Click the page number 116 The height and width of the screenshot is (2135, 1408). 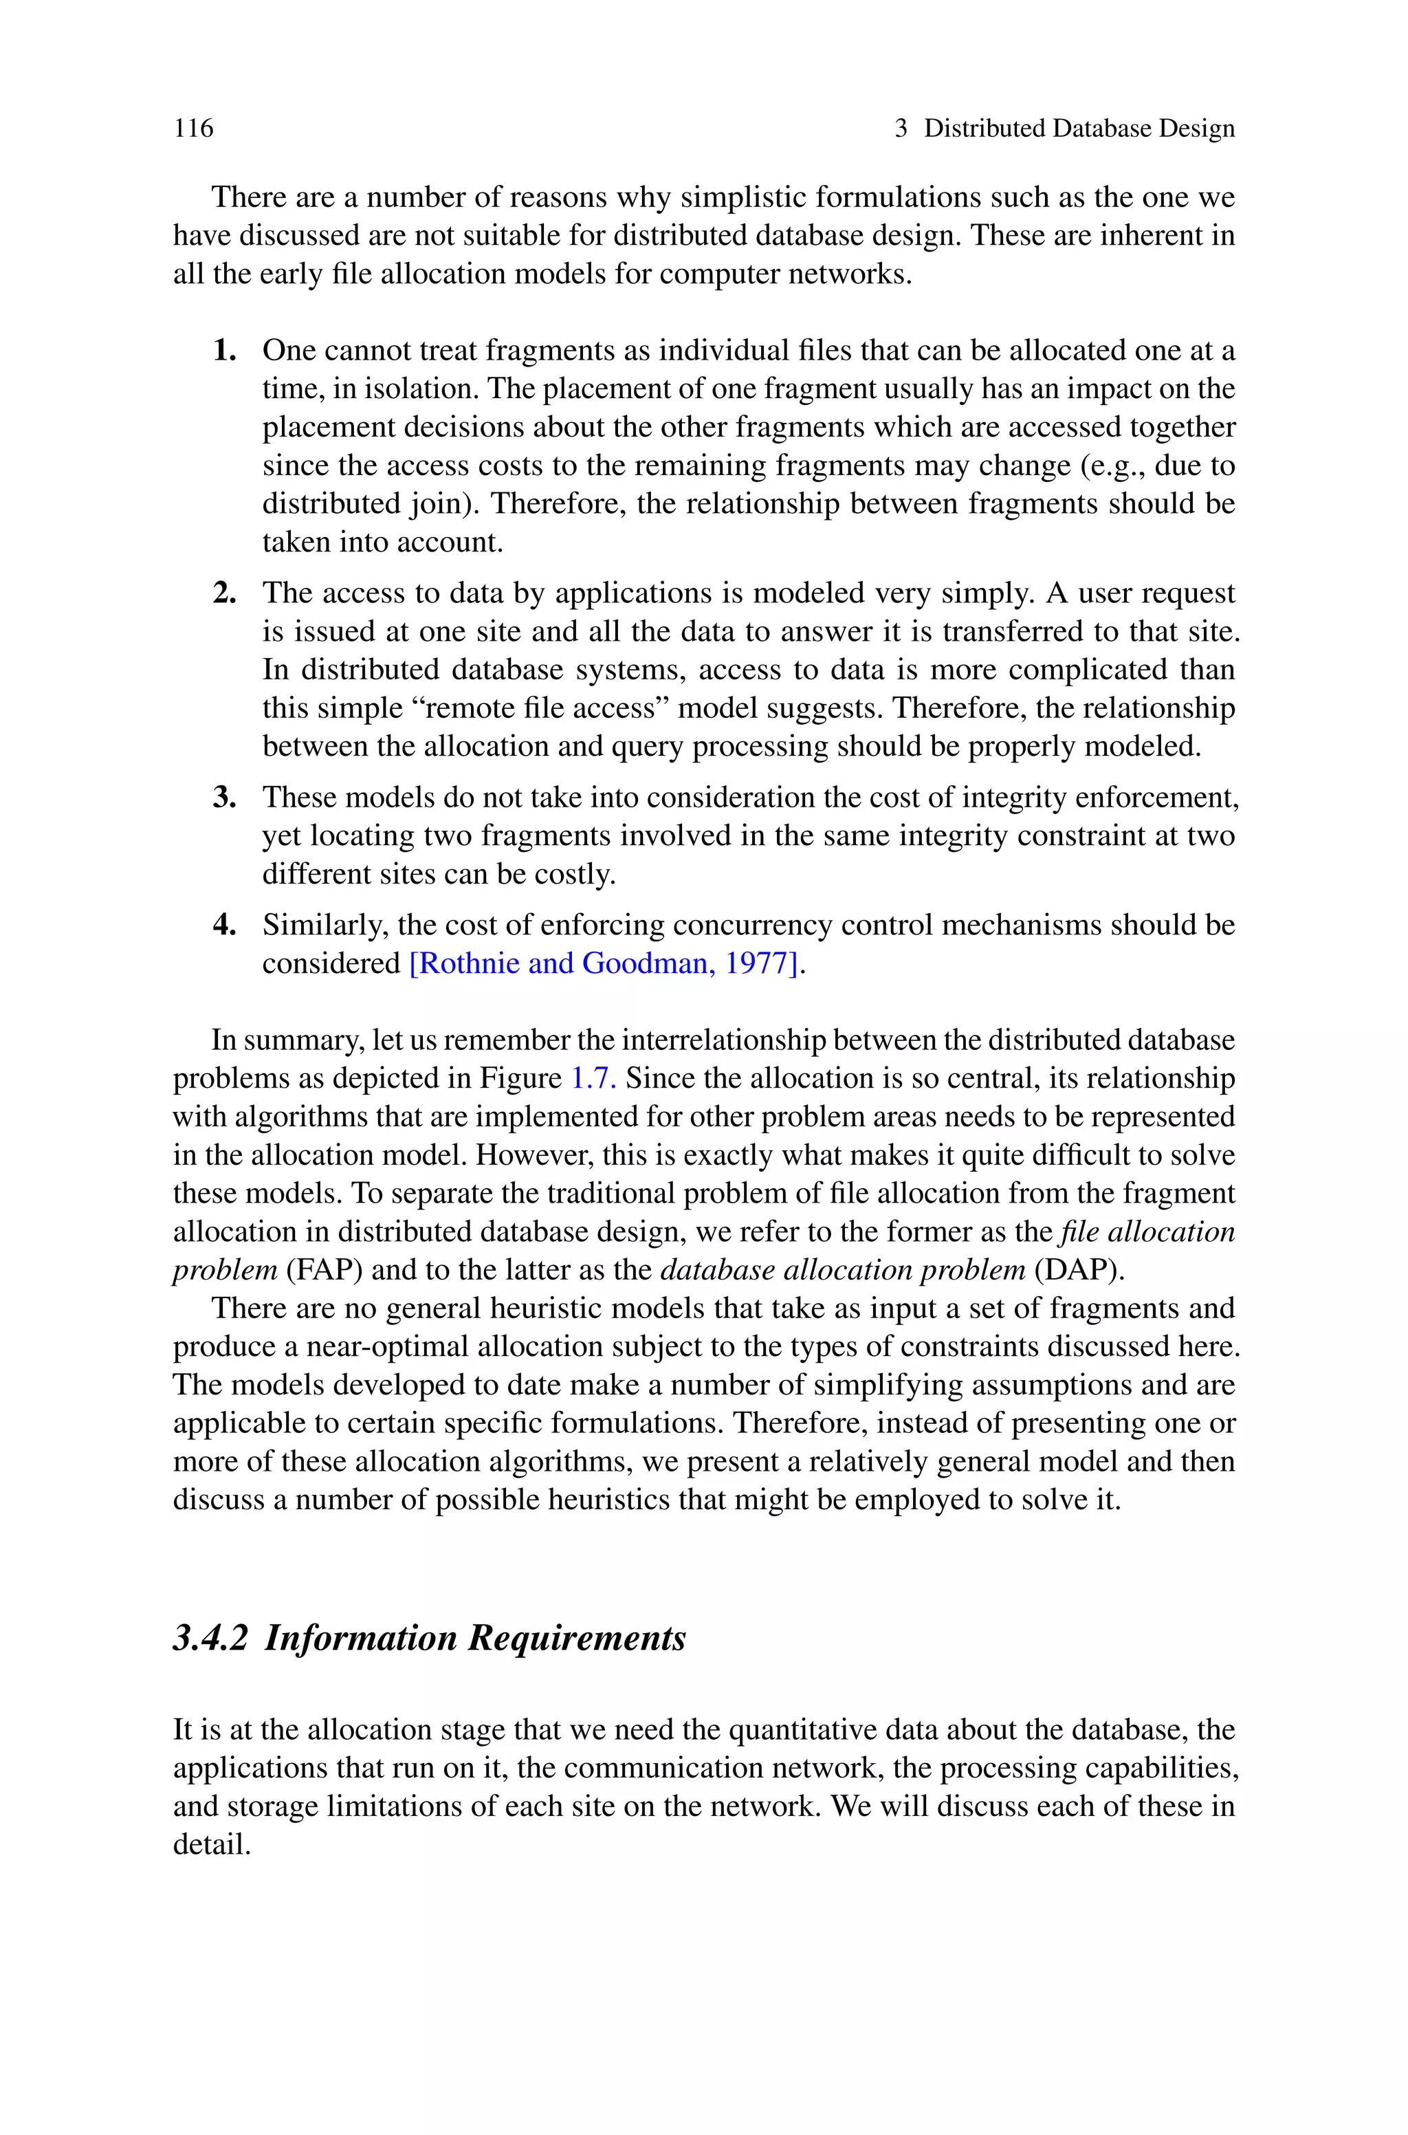(x=193, y=129)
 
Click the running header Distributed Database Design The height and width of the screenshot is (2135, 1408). (x=1079, y=129)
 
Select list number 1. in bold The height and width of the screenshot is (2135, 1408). (x=225, y=350)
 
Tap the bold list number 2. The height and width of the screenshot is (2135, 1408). (x=225, y=593)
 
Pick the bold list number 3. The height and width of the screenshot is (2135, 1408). (x=225, y=797)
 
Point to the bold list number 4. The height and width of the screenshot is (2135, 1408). (x=225, y=925)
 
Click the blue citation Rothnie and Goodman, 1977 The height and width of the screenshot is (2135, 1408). (x=604, y=963)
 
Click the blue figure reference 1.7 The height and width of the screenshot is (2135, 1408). (x=593, y=1078)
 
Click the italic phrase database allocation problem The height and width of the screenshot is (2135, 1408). (x=842, y=1271)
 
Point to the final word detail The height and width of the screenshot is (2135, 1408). (x=211, y=1845)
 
